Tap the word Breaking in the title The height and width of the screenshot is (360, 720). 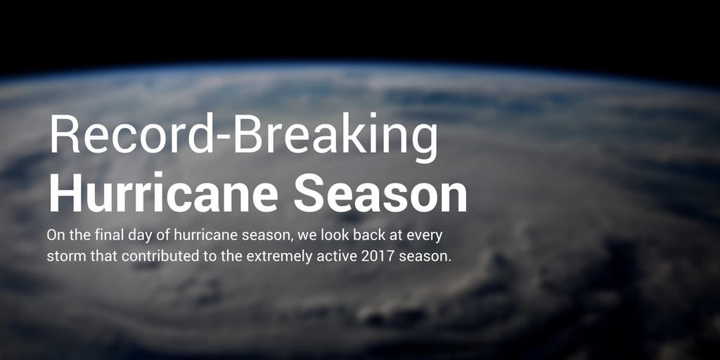337,135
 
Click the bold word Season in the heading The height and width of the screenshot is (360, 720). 380,193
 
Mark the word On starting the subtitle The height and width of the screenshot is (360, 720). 56,234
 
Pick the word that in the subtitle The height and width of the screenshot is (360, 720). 105,256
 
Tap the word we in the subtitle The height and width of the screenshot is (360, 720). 303,234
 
